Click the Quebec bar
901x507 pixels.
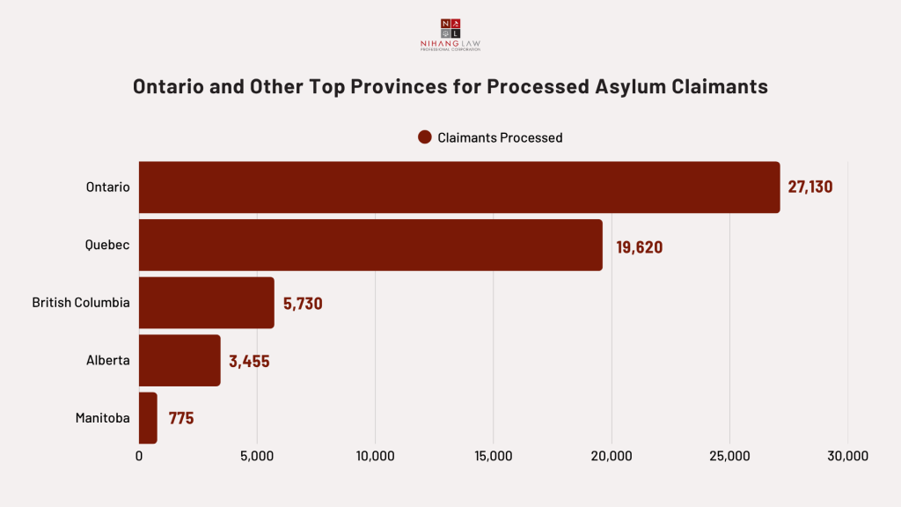click(x=370, y=246)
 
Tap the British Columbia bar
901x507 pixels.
click(x=207, y=303)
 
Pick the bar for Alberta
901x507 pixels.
click(x=179, y=360)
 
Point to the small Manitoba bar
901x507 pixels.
click(x=148, y=417)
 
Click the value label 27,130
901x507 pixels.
click(x=809, y=187)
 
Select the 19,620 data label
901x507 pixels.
click(x=639, y=247)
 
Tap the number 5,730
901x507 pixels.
click(x=303, y=304)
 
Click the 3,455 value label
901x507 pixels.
click(x=249, y=361)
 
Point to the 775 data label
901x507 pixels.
click(x=181, y=418)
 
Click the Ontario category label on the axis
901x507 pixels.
click(x=107, y=187)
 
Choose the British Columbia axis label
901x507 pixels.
click(x=81, y=303)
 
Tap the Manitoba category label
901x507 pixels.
click(x=103, y=418)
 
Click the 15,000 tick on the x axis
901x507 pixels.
click(x=493, y=456)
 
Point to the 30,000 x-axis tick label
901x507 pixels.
click(x=847, y=456)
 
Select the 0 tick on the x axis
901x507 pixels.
click(x=139, y=456)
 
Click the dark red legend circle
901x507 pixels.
click(x=425, y=137)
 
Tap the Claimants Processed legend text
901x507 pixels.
click(x=500, y=137)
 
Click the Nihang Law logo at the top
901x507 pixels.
click(x=450, y=33)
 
